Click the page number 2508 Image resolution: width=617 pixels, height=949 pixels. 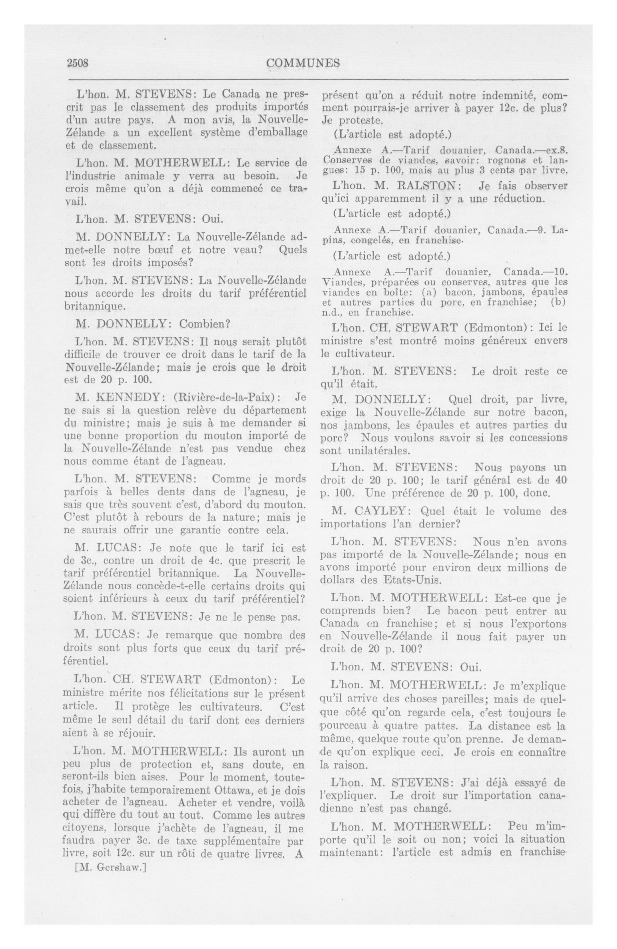[x=77, y=63]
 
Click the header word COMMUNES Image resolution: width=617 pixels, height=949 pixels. [x=303, y=63]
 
